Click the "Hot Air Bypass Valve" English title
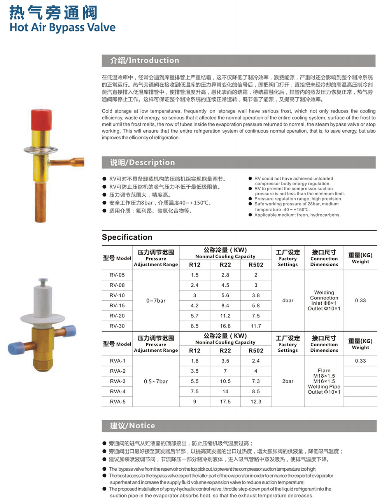coord(63,28)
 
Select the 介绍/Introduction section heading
coord(144,60)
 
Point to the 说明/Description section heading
coord(142,163)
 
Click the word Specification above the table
coord(127,237)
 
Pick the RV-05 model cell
coord(117,275)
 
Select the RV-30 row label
coord(117,326)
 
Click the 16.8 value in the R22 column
coord(225,326)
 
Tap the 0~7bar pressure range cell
coord(156,301)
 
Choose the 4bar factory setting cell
coord(288,301)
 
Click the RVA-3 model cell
coord(117,381)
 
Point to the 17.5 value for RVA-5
coord(225,401)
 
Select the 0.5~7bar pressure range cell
coord(156,381)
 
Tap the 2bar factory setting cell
coord(288,381)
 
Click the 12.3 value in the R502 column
coord(256,401)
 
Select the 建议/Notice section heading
coord(133,426)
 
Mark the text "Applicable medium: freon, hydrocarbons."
coord(297,215)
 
